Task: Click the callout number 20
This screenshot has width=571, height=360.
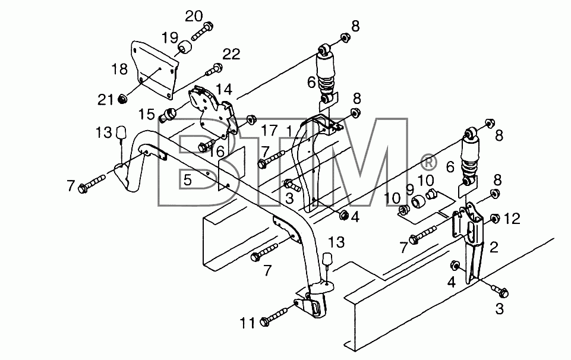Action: coord(194,17)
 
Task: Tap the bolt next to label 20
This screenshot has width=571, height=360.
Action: coord(201,31)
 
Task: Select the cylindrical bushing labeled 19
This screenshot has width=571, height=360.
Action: coord(185,48)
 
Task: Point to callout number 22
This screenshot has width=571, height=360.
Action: coord(232,54)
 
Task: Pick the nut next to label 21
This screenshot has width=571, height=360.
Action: coord(123,99)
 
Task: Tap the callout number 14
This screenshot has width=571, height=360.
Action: coord(224,89)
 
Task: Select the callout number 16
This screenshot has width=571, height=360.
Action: coord(217,152)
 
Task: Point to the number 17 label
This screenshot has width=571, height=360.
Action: coord(270,130)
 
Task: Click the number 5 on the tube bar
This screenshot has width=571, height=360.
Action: coord(187,180)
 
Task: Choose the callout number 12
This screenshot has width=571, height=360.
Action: coord(513,219)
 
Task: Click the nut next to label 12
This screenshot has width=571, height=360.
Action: coord(494,219)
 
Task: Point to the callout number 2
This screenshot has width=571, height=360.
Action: coord(494,247)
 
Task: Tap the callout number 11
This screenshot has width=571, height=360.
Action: coord(247,323)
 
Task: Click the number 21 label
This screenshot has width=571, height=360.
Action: coord(106,99)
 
